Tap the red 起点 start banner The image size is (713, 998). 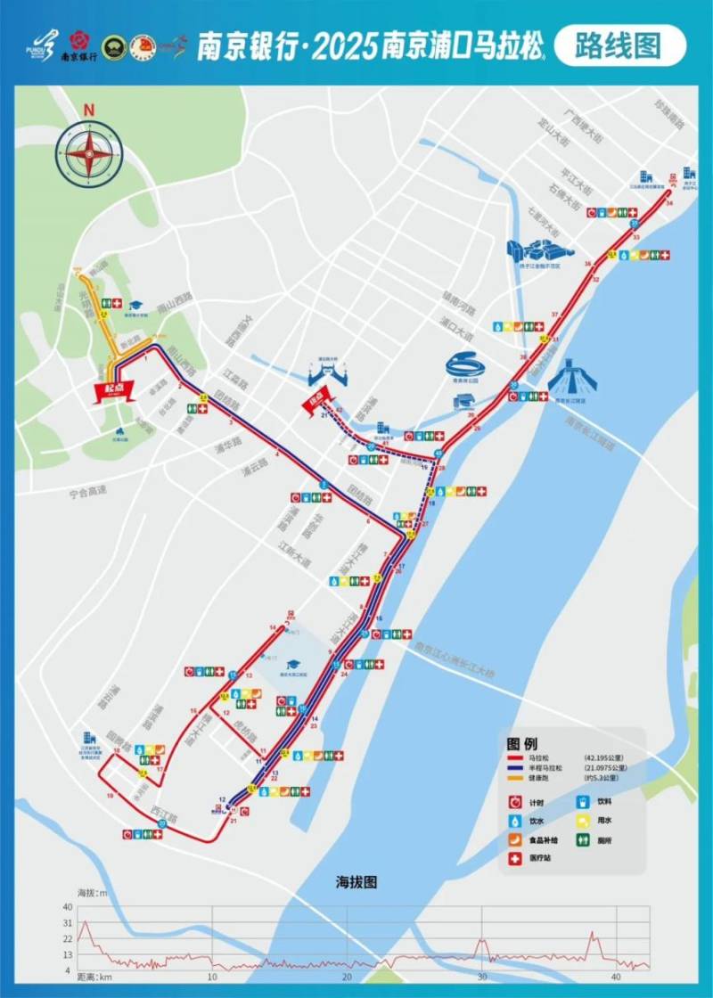[114, 390]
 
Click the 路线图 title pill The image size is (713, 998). [619, 45]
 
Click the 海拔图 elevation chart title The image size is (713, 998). [356, 882]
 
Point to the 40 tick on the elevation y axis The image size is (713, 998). [68, 907]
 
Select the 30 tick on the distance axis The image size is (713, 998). [481, 978]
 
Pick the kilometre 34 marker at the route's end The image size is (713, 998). [668, 204]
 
